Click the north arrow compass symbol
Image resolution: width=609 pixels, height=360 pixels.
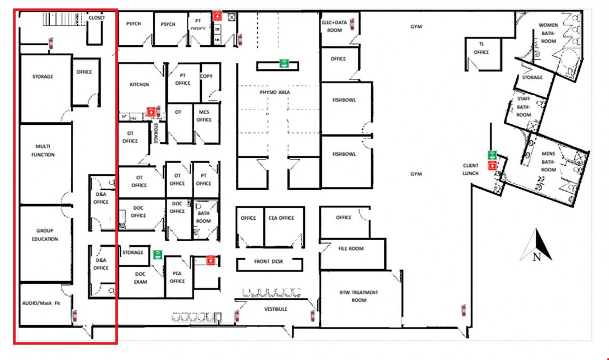pos(536,245)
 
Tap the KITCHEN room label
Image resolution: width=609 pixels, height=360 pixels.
pos(139,84)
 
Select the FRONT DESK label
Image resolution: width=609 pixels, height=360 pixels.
pos(269,261)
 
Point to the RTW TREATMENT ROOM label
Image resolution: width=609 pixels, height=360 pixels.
pos(359,296)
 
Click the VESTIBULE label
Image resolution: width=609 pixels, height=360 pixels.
pos(276,309)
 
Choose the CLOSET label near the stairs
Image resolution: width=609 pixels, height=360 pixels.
pos(97,18)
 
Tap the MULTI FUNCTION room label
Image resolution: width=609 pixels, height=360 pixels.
pos(43,150)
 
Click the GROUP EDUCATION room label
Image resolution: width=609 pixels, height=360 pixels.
pos(45,235)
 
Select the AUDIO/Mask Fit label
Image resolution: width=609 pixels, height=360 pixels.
pos(41,303)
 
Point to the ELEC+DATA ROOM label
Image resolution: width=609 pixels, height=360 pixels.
pos(335,26)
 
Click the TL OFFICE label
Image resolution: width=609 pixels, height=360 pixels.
pos(481,48)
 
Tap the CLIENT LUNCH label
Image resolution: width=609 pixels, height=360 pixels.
pos(470,170)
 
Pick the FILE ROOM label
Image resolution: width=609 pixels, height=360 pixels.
pos(351,249)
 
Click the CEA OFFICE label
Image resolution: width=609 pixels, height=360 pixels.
pos(281,218)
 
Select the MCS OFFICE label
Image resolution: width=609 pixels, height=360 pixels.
pos(204,116)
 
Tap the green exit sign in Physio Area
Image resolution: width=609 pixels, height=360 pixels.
pos(284,63)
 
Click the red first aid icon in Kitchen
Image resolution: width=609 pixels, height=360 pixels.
pos(151,111)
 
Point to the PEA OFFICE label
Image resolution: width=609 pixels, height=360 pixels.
pos(177,277)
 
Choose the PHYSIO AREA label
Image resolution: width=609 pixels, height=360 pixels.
pos(274,92)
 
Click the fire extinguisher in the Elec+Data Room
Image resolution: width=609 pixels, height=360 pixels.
pos(352,24)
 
